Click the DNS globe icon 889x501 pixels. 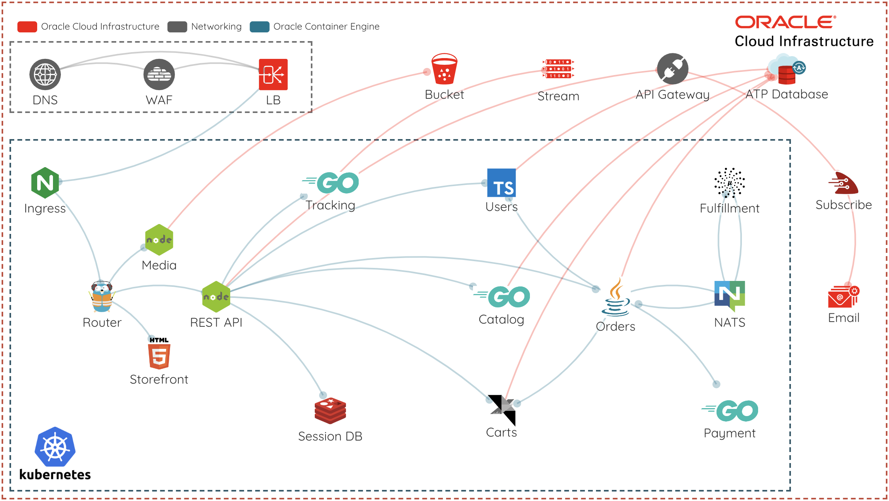(x=45, y=74)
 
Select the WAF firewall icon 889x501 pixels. (x=159, y=74)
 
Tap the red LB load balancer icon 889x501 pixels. (x=273, y=74)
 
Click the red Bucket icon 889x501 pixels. (x=444, y=69)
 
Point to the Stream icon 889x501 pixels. (x=558, y=69)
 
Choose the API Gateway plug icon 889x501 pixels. (x=672, y=69)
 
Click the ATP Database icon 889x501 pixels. (x=787, y=70)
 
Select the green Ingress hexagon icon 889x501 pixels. (x=45, y=183)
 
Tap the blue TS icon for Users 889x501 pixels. (x=501, y=183)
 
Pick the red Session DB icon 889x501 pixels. (x=330, y=411)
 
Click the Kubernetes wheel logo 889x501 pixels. (x=55, y=447)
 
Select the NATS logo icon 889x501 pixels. (x=730, y=296)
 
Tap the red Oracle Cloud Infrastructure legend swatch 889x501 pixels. (x=27, y=26)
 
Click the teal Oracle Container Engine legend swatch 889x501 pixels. (x=259, y=26)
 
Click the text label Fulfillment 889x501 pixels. (x=730, y=208)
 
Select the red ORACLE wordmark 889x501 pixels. (x=785, y=22)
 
